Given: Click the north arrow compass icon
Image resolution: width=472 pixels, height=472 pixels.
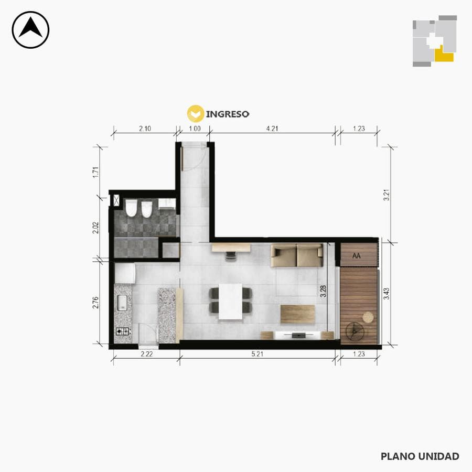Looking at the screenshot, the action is (30, 30).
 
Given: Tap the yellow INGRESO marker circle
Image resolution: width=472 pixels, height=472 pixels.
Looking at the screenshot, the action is (196, 114).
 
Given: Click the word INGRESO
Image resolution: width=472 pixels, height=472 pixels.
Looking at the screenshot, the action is (228, 114).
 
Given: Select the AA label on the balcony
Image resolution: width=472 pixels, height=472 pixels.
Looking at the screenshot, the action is (357, 256).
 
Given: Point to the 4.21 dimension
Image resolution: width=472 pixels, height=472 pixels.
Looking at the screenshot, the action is (272, 128).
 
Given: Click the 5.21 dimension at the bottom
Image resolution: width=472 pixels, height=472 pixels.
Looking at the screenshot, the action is (258, 354).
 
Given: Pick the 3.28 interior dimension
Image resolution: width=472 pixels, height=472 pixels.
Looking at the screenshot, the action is (323, 291).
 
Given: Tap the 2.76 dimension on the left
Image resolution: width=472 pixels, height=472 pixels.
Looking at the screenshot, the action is (95, 302).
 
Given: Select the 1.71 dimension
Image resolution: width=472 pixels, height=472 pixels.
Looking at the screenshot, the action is (96, 172).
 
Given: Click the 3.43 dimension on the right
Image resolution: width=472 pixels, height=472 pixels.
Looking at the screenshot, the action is (387, 294).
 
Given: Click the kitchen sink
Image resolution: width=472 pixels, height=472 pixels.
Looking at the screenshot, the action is (122, 303).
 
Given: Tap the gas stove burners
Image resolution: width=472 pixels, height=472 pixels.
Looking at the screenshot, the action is (123, 331).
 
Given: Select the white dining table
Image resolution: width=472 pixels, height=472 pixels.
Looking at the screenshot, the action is (230, 302).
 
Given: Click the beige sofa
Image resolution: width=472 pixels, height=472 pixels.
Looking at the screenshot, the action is (297, 255).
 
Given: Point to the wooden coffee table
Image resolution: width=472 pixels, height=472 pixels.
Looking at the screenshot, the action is (298, 314).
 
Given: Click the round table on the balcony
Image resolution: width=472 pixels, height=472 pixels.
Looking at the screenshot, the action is (368, 317).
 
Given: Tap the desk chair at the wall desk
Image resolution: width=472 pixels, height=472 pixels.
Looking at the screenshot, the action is (231, 256).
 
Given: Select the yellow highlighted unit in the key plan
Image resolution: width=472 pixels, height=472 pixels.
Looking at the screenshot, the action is (444, 55).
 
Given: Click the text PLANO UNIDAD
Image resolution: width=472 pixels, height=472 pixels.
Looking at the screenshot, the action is (420, 456).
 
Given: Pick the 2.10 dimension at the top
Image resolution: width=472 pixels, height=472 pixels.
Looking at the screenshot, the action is (145, 128).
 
